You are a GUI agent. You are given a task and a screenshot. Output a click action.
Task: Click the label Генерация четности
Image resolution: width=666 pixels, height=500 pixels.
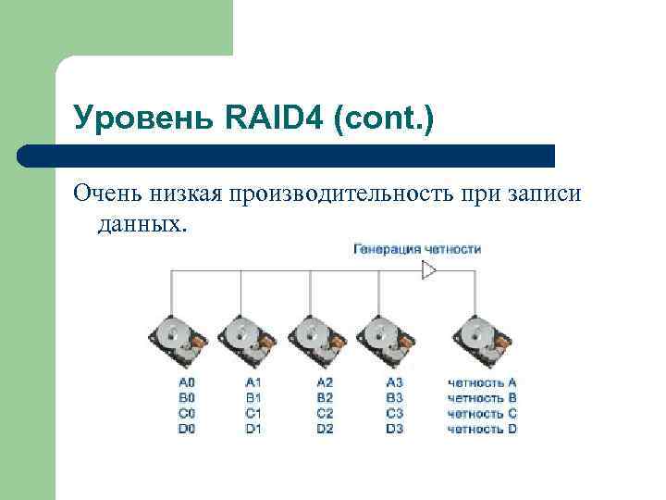point(417,249)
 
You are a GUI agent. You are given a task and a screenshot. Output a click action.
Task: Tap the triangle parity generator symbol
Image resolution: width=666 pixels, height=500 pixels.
point(428,270)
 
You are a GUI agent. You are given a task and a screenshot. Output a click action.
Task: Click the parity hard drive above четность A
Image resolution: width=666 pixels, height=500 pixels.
point(481,342)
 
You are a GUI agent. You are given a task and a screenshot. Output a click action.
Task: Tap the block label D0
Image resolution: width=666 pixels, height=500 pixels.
point(187,430)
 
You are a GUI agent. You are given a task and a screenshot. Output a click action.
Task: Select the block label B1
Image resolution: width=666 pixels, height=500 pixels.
point(253,398)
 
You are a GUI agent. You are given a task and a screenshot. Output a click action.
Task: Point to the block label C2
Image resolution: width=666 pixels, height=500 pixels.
point(324,414)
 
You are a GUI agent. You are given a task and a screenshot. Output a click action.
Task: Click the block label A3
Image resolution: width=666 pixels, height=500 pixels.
point(395,382)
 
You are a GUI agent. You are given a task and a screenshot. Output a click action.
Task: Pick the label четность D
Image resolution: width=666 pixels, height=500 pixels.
point(482,430)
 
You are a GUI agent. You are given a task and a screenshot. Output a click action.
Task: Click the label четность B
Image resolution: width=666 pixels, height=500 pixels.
point(482,398)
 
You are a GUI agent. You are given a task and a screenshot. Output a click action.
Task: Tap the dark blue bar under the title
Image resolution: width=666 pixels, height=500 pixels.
point(287,155)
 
